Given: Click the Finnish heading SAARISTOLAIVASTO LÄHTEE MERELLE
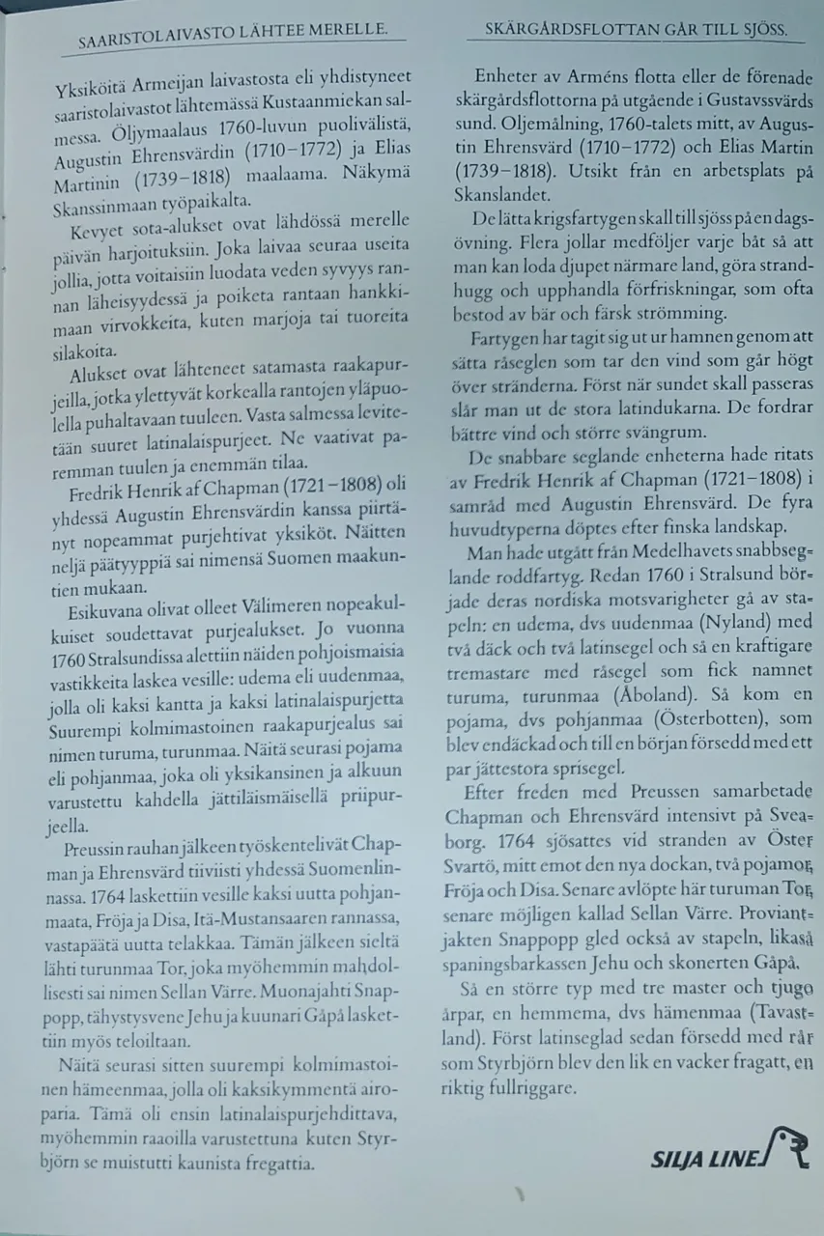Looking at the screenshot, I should click(233, 36).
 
